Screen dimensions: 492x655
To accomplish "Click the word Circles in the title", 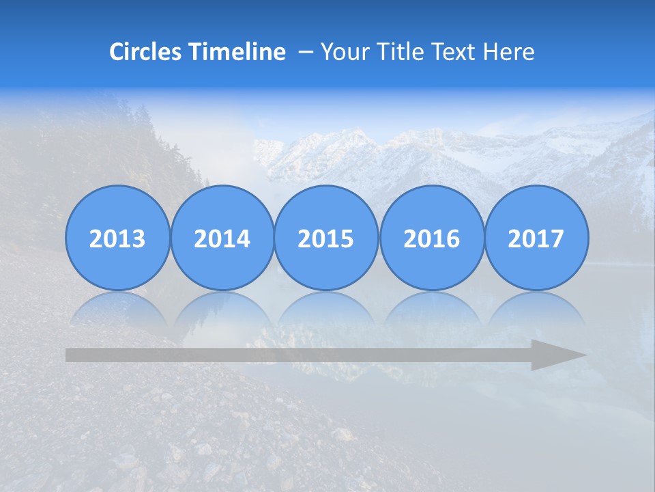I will pyautogui.click(x=146, y=52).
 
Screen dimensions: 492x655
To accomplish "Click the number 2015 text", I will pyautogui.click(x=326, y=239).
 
